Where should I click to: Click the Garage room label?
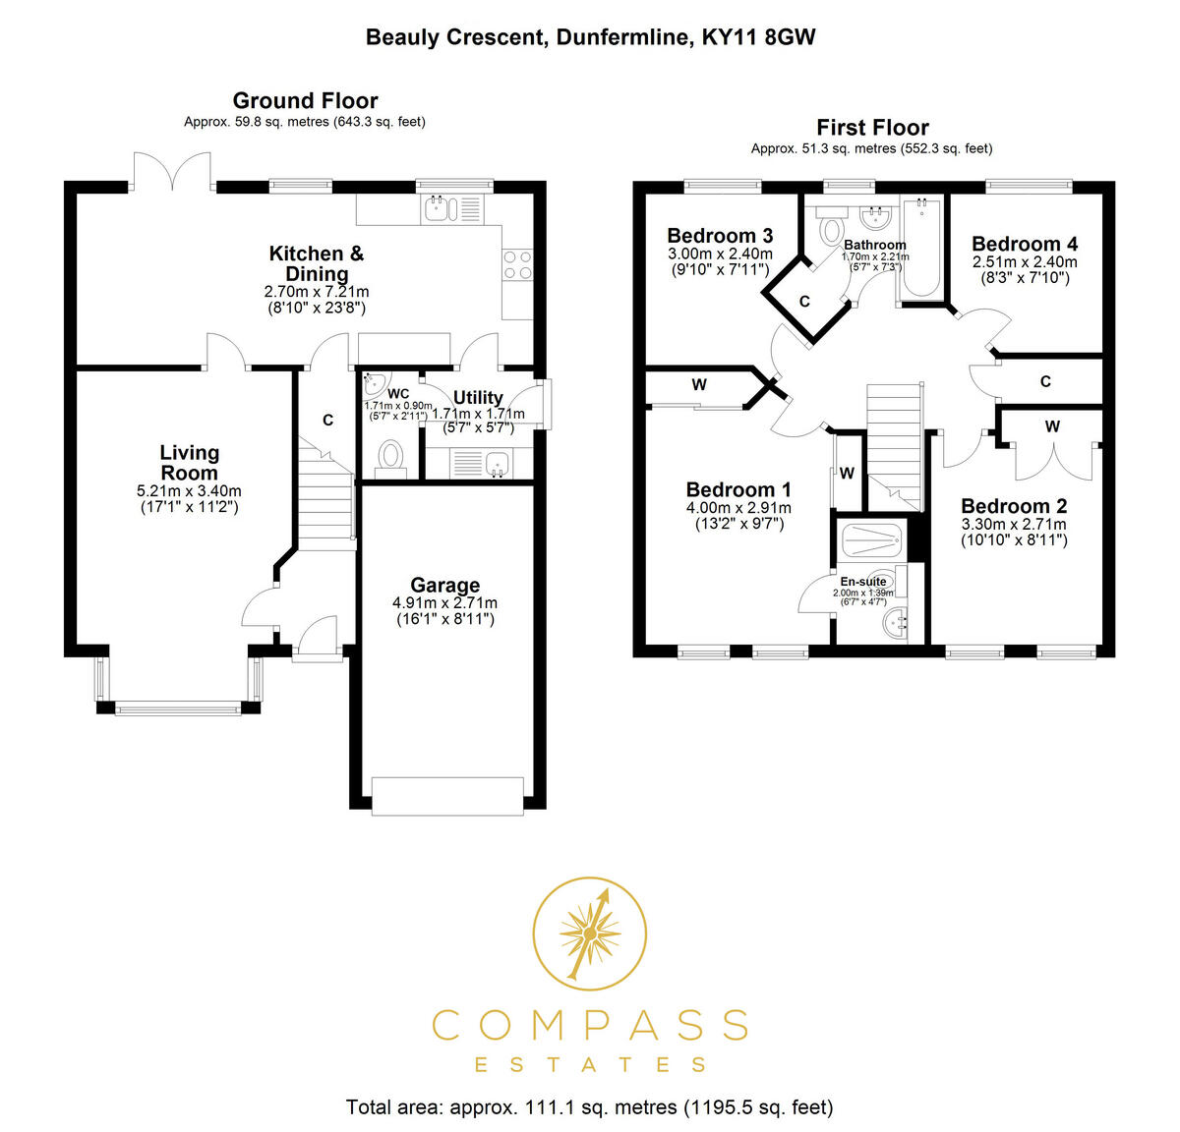pyautogui.click(x=444, y=585)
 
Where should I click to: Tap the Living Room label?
pyautogui.click(x=189, y=463)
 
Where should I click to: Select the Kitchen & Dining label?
pyautogui.click(x=316, y=263)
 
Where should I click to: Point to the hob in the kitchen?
pyautogui.click(x=517, y=264)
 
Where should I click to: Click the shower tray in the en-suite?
pyautogui.click(x=871, y=538)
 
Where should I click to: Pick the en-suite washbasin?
pyautogui.click(x=895, y=623)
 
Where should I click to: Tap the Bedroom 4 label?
pyautogui.click(x=1025, y=244)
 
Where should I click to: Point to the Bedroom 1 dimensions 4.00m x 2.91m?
pyautogui.click(x=737, y=508)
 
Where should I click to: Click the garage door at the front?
pyautogui.click(x=447, y=796)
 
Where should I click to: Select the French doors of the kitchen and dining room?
pyautogui.click(x=173, y=172)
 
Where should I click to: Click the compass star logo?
pyautogui.click(x=589, y=934)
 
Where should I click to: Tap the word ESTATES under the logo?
pyautogui.click(x=589, y=1064)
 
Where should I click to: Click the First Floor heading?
pyautogui.click(x=872, y=128)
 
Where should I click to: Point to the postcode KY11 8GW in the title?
pyautogui.click(x=758, y=37)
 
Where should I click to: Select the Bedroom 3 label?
pyautogui.click(x=720, y=235)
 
